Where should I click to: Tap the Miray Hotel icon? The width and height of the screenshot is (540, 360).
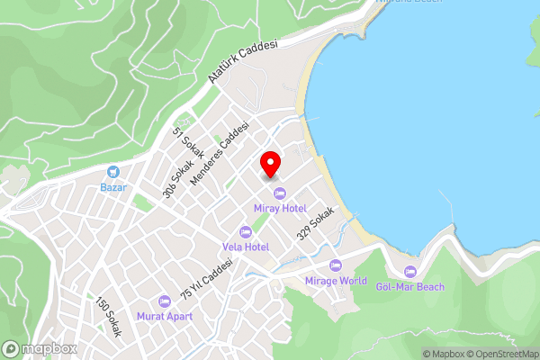[279, 193]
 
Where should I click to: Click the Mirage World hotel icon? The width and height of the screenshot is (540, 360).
[336, 265]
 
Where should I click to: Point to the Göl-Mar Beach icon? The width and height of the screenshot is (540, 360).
[411, 272]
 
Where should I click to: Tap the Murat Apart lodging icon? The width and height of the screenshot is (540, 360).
[164, 301]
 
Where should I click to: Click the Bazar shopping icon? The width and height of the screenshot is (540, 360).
[113, 172]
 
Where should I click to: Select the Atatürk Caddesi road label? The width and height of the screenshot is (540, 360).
[243, 62]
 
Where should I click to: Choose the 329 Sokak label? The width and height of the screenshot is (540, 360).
[316, 222]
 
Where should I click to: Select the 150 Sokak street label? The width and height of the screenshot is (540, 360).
[107, 316]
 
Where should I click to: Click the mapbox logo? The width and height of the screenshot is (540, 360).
[40, 348]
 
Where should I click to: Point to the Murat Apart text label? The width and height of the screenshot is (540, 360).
[164, 317]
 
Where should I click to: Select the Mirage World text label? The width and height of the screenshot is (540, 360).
[336, 281]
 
